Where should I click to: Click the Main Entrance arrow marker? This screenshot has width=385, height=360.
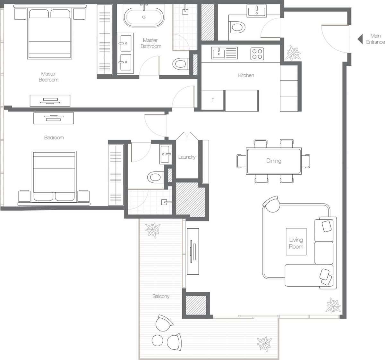(360, 39)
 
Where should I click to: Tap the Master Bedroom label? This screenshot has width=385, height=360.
(48, 77)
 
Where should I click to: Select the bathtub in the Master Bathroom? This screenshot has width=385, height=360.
(144, 17)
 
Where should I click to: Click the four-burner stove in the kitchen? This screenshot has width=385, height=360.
(257, 54)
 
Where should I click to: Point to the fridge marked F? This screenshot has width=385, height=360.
(213, 100)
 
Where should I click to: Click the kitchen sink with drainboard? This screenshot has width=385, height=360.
(224, 53)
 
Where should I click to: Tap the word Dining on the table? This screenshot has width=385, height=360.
(274, 161)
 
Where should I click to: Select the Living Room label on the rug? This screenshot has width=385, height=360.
(296, 243)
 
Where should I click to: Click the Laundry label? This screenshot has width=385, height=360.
(187, 157)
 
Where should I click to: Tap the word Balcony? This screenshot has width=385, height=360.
(161, 297)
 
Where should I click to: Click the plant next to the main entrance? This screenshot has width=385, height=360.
(293, 53)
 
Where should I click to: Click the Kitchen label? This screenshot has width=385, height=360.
(246, 75)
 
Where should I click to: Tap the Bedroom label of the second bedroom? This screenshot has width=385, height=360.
(54, 138)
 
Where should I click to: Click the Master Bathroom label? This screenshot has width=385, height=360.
(150, 43)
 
